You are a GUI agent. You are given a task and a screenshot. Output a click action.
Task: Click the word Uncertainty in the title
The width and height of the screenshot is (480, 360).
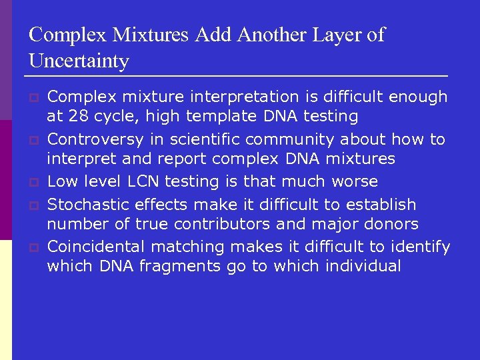pyautogui.click(x=79, y=61)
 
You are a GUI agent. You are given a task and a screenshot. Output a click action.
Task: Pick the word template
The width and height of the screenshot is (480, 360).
pyautogui.click(x=218, y=117)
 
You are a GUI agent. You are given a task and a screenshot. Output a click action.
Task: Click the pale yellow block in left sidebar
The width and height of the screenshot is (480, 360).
pyautogui.click(x=6, y=300)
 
